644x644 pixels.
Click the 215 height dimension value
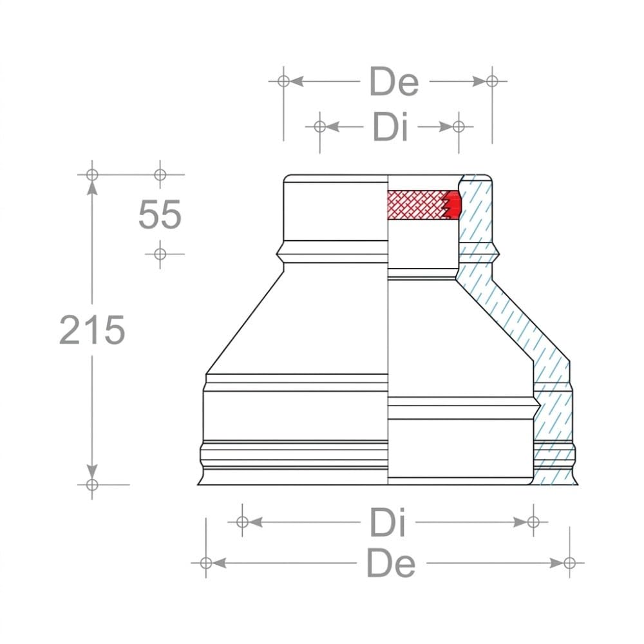coord(92,329)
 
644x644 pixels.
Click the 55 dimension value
coord(160,214)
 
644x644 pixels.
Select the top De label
coord(394,81)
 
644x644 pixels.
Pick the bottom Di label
coord(388,522)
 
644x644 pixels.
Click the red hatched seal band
coord(424,205)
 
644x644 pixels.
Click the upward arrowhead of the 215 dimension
coord(92,187)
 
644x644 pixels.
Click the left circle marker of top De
coord(283,81)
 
